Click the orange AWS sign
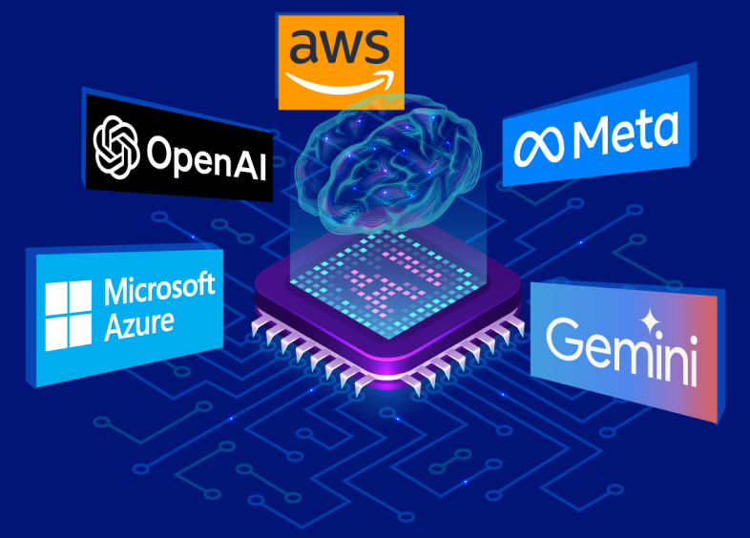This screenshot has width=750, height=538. point(340,59)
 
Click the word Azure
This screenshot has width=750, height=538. point(139,324)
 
